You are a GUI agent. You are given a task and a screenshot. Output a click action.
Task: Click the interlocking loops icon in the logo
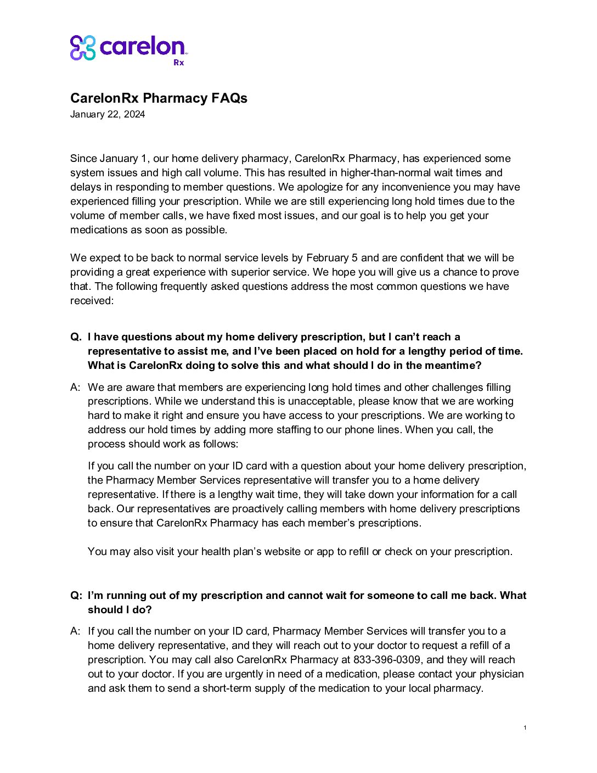coord(83,48)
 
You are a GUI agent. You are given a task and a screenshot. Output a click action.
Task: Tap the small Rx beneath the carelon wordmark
coord(179,63)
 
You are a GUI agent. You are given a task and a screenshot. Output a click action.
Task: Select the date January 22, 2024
coord(108,114)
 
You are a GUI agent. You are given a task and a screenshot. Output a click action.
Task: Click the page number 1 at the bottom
coord(525,727)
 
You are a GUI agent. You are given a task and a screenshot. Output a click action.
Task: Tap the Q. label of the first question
coord(76,337)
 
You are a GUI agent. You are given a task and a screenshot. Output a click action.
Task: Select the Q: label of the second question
coord(76,595)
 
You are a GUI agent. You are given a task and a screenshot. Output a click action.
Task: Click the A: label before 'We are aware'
coord(76,387)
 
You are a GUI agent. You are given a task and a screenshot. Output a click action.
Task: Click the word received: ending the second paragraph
coord(92,300)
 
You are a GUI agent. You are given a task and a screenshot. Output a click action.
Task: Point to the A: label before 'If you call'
coord(76,631)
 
